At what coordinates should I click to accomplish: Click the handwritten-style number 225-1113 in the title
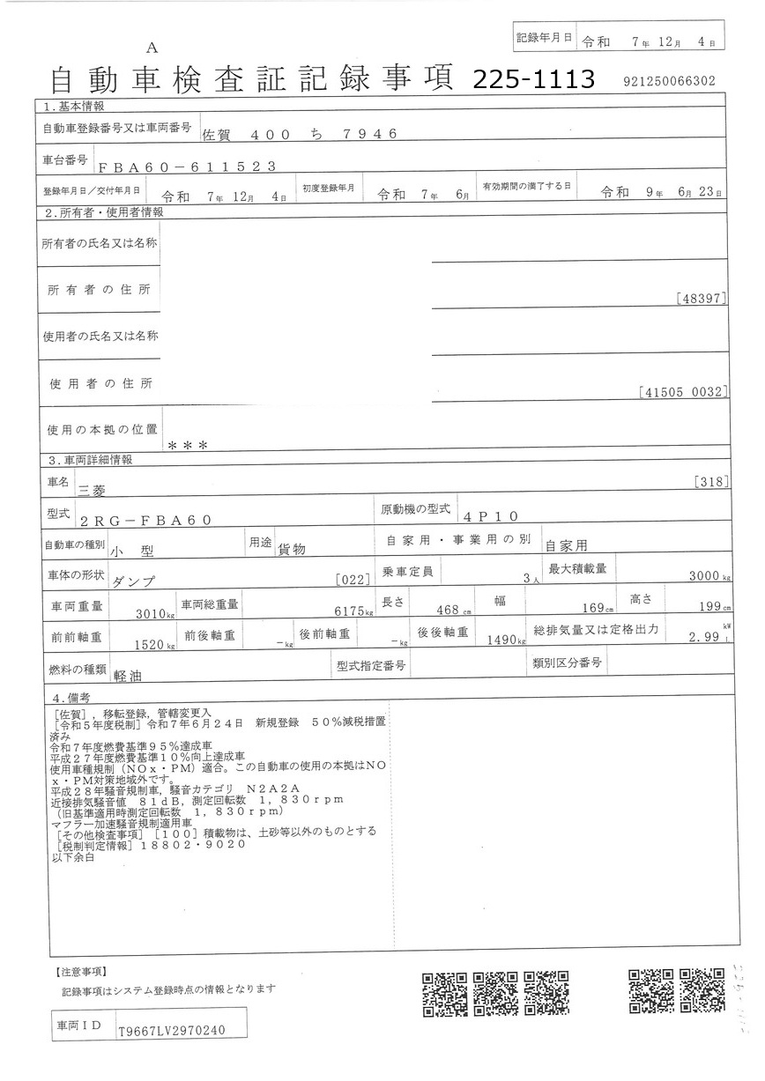click(x=534, y=80)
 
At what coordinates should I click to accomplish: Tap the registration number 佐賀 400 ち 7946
click(x=301, y=134)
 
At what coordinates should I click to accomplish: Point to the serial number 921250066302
click(x=668, y=81)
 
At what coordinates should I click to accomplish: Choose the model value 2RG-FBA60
click(x=145, y=520)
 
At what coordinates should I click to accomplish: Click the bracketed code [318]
click(x=710, y=481)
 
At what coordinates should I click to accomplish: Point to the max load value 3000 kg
click(x=708, y=577)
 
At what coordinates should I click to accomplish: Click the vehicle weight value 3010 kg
click(x=155, y=614)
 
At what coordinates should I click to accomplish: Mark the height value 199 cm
click(x=712, y=608)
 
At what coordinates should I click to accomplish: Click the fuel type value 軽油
click(x=129, y=676)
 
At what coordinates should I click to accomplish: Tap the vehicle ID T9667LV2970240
click(x=172, y=1031)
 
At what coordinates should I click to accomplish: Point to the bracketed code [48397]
click(x=702, y=299)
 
